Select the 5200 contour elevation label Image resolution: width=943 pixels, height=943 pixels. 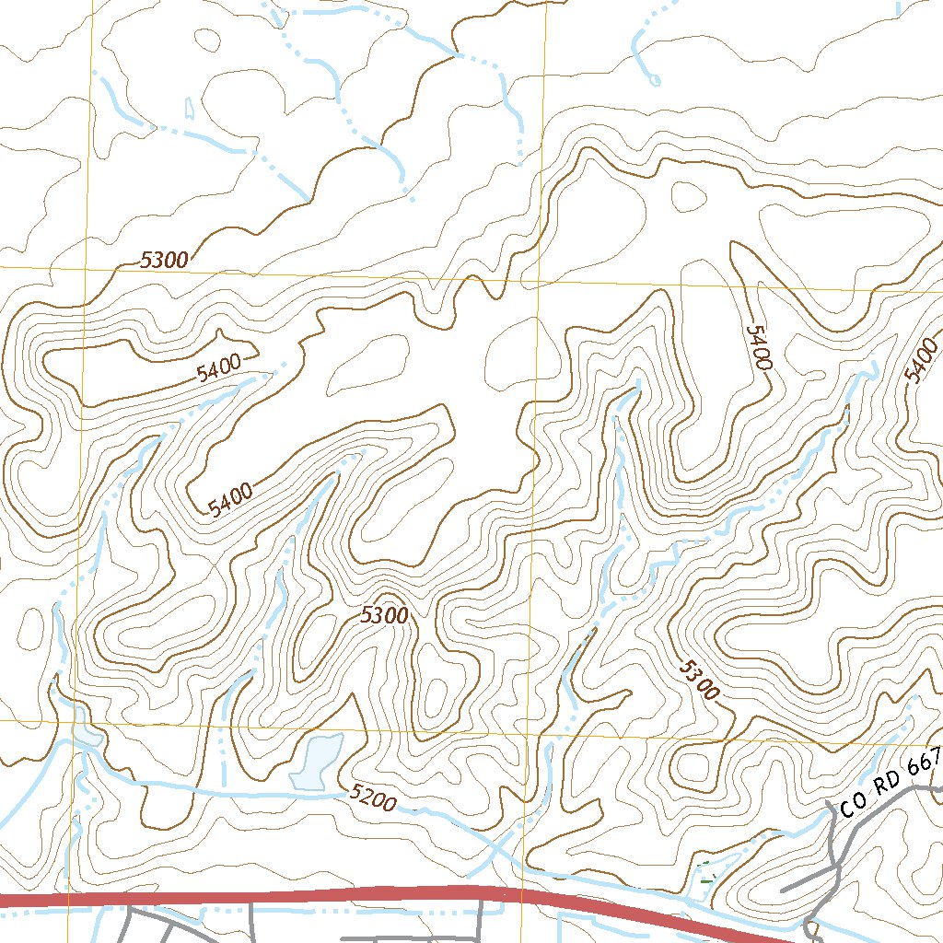(x=373, y=797)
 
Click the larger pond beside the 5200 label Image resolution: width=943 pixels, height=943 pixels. (x=316, y=762)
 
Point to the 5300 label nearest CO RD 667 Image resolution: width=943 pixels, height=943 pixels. (x=697, y=681)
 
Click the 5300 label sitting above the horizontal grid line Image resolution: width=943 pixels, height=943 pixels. (x=165, y=261)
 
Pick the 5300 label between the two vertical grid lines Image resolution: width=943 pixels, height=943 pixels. (x=384, y=615)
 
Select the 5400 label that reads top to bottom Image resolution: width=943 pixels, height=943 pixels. (x=758, y=347)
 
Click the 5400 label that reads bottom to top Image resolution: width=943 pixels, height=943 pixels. (x=921, y=360)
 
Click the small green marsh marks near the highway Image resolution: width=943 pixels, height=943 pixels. (x=706, y=872)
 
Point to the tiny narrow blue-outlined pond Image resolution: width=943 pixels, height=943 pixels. (x=190, y=108)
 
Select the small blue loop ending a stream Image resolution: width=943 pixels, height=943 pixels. (x=654, y=80)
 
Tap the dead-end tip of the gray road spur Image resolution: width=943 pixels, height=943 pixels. (x=782, y=891)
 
